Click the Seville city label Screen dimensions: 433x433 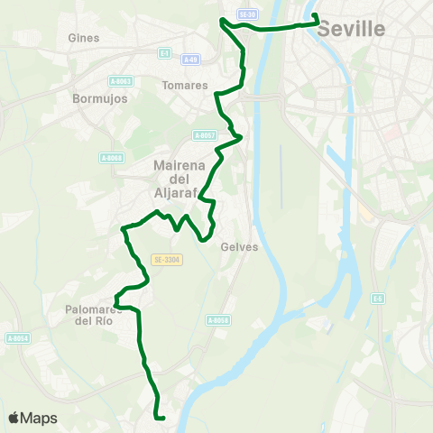[x=352, y=30]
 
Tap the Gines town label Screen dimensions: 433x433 [x=84, y=38]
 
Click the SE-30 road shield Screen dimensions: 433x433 [x=247, y=15]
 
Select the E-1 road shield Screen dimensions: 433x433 [x=164, y=53]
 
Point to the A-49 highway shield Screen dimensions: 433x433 [x=189, y=60]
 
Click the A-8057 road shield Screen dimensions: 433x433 [x=205, y=135]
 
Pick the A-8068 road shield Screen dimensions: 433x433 [x=111, y=158]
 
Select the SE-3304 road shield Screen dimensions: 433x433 [x=168, y=259]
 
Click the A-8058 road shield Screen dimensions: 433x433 [x=218, y=319]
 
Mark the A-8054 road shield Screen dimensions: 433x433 [x=18, y=338]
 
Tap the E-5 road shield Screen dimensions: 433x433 [x=378, y=299]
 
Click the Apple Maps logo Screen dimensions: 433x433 [x=32, y=418]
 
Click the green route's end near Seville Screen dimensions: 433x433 [x=315, y=15]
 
